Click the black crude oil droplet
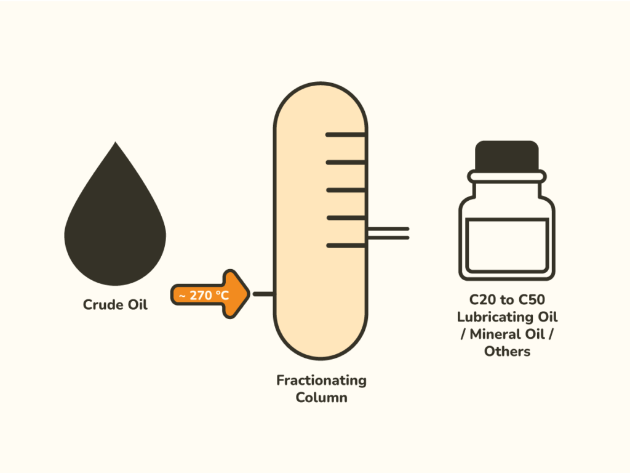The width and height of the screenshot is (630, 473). tap(115, 225)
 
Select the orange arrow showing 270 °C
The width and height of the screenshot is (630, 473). tap(210, 294)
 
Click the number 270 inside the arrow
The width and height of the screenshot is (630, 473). tap(201, 295)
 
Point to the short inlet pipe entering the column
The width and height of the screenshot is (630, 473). tap(264, 294)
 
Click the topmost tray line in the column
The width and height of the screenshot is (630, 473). tap(346, 135)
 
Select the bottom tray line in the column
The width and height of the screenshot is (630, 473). tap(346, 245)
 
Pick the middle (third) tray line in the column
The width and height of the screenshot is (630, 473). tap(346, 190)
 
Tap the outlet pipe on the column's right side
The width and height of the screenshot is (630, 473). tap(388, 233)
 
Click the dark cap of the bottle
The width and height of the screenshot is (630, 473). tap(507, 156)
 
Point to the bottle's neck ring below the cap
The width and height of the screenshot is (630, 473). tap(507, 177)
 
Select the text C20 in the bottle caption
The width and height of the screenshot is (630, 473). tap(482, 300)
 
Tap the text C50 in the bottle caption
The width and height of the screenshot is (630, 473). tap(532, 300)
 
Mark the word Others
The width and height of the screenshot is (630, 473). tap(507, 352)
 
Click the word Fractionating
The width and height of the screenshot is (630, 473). tap(321, 381)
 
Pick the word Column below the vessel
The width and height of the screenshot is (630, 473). tap(321, 397)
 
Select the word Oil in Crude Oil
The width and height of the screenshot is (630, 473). tap(137, 304)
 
